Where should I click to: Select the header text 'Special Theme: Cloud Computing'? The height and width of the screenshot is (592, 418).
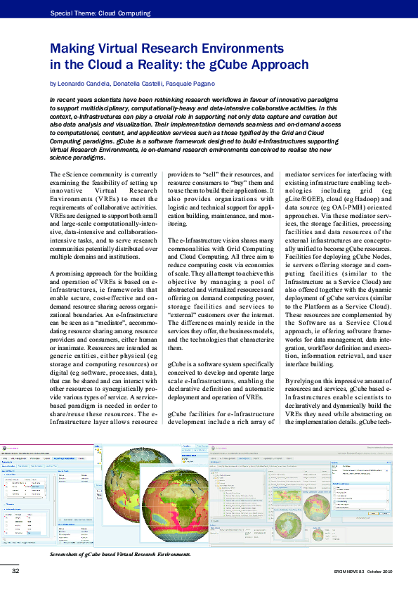[100, 13]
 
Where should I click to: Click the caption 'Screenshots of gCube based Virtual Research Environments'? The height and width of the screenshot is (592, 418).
[121, 555]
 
